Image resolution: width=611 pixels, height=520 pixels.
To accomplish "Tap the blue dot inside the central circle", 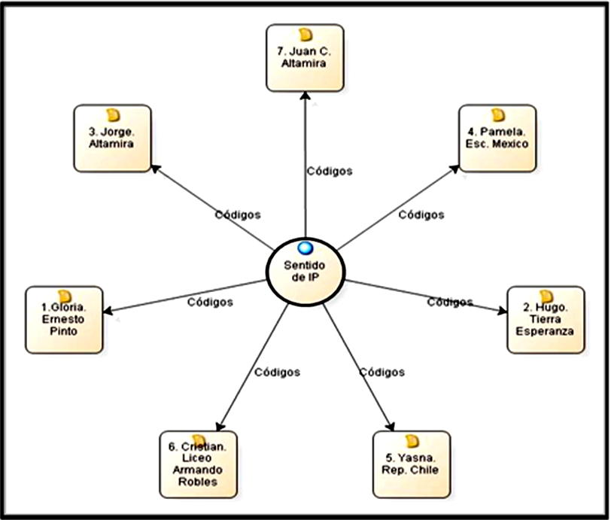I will tap(305, 248).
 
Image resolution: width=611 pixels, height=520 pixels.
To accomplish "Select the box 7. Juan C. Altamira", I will tap(305, 58).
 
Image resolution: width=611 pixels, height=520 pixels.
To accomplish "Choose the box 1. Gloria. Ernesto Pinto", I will tap(63, 320).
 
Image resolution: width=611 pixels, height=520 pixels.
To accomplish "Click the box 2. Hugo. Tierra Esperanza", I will tap(546, 320).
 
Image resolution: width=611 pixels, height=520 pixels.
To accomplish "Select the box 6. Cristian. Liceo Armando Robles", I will tap(198, 464).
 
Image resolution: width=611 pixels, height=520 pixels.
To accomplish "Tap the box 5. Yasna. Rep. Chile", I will tap(411, 464).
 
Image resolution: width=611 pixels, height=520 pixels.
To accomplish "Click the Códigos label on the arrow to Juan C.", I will tap(329, 171).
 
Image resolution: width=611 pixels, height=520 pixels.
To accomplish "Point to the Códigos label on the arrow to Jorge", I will tap(238, 214).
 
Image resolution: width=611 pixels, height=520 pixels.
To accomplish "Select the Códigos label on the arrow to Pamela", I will tap(421, 214).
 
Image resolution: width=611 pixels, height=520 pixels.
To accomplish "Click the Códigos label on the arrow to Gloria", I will tap(209, 303).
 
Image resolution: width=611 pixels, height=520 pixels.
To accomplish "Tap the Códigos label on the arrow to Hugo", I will tap(450, 303).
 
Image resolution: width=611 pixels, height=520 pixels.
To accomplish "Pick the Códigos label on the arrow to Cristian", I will tap(277, 372).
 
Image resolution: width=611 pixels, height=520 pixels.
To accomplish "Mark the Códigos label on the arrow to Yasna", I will tap(381, 372).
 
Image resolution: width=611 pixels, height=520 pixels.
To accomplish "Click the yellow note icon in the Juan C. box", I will tap(305, 35).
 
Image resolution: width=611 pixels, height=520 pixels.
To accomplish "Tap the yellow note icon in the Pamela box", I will tap(497, 115).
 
